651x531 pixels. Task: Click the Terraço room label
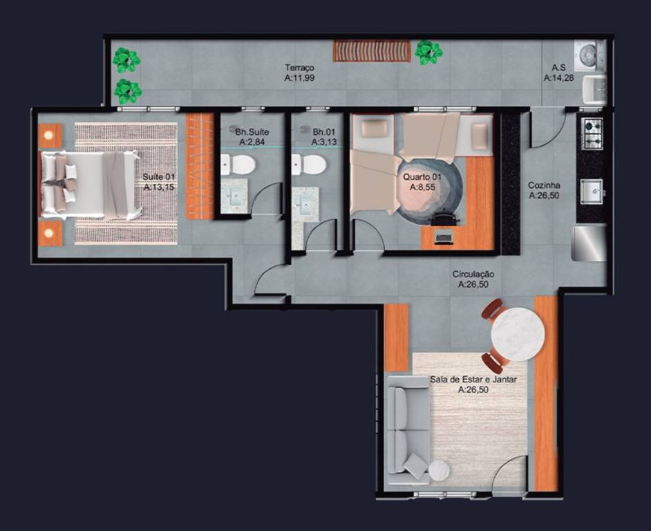299,67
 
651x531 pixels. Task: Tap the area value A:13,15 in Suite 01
159,187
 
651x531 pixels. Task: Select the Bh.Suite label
252,132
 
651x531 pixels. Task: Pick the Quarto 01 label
422,177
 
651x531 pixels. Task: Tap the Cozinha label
544,185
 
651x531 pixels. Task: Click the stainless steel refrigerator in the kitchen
589,243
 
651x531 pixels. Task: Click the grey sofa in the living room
407,430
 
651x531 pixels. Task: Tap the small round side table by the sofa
439,471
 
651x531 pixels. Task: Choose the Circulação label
473,274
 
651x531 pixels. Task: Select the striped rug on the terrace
372,51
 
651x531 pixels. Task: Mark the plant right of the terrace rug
428,53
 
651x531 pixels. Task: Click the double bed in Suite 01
89,185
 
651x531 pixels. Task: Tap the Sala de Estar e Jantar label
473,380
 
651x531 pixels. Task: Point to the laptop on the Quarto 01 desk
444,238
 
